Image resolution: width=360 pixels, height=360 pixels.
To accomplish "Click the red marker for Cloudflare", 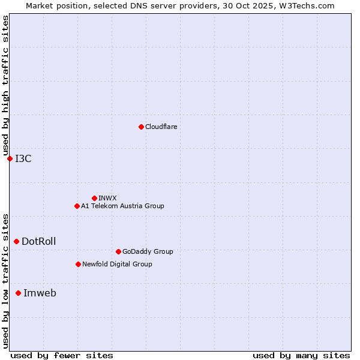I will coord(141,127).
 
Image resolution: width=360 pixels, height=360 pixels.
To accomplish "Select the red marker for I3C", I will coord(10,158).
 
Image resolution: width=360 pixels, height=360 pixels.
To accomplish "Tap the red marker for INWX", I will coord(94,198).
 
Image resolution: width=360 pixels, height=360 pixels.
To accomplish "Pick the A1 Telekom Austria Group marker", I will coord(77,206).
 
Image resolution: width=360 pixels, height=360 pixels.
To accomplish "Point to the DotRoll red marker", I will coord(16,241).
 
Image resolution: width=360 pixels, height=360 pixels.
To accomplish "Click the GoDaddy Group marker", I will coord(118,251).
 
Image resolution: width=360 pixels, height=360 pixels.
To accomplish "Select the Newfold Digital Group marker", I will coord(78,264).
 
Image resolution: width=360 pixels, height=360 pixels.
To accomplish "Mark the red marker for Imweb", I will coord(18,293).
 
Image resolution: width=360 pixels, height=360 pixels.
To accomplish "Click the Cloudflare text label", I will coord(161,127).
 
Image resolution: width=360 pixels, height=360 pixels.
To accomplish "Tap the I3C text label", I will coord(23,158).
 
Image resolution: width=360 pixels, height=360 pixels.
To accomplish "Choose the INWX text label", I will coord(107,198).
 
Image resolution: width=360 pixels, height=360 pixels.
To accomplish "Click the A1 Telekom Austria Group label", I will coord(122,206).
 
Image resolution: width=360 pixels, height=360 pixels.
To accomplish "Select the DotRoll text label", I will coord(39,241).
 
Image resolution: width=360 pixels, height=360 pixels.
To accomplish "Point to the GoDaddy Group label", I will coord(148,251).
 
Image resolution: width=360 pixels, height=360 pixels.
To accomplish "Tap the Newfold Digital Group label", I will coord(117,264).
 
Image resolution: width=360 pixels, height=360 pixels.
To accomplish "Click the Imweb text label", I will coord(40,293).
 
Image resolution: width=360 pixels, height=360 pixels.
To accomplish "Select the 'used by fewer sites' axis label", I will coord(62,355).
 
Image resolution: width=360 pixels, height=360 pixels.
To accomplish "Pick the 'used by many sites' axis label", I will coord(301,355).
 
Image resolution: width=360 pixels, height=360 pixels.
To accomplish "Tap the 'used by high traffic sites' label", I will coord(5,86).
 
